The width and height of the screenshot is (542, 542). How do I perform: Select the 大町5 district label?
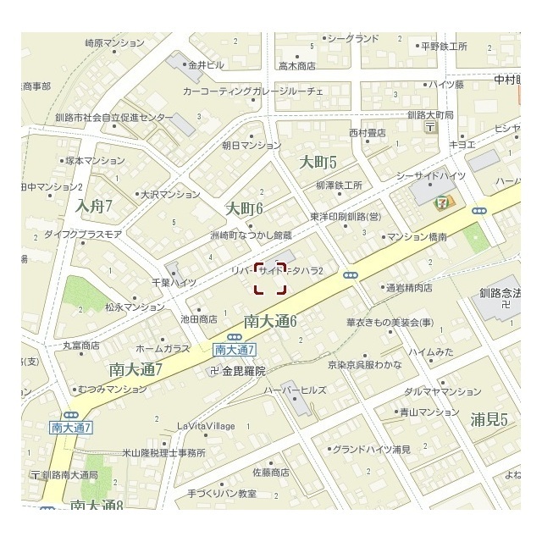click(x=318, y=162)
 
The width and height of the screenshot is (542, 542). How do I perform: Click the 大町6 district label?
click(x=245, y=208)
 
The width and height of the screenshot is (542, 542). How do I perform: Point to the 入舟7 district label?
click(x=94, y=205)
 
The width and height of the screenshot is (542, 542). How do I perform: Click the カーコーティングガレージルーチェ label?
click(x=252, y=90)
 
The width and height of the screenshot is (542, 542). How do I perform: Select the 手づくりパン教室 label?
click(x=222, y=493)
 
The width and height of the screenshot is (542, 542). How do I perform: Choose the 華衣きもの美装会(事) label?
click(x=390, y=323)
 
